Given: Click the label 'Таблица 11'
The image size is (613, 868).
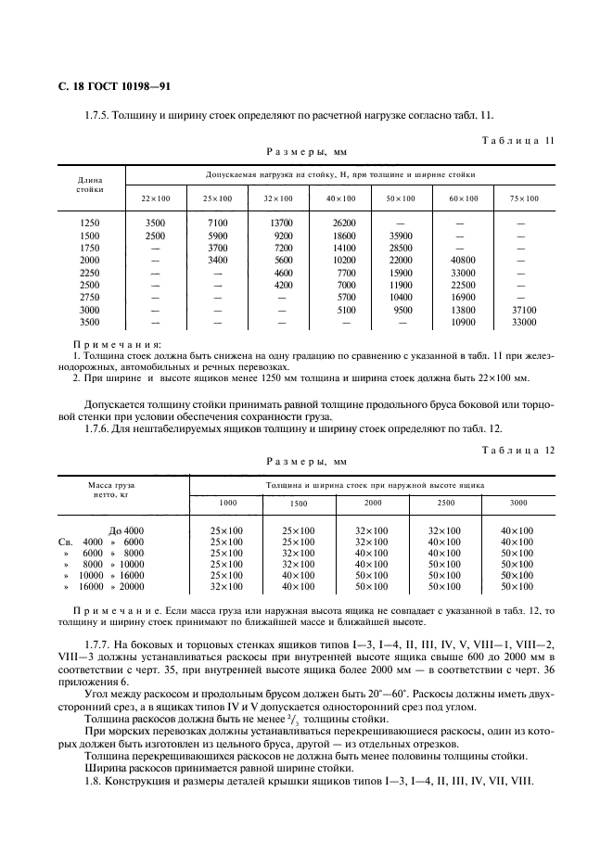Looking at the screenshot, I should coord(518,140).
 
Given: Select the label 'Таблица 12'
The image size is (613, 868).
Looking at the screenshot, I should coord(518,450).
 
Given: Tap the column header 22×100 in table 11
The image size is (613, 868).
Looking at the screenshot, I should coord(156,198).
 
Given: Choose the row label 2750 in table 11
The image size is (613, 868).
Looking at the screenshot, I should coord(89,297).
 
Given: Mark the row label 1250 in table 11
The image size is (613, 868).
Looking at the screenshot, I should coord(89,223).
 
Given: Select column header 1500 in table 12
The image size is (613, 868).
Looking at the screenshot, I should coord(299,503).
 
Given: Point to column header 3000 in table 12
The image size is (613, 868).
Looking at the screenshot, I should coord(517,502).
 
